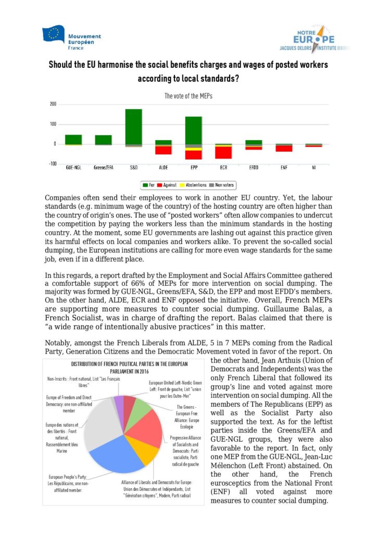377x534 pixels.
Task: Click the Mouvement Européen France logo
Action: click(x=72, y=37)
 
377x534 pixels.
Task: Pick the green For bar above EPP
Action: click(x=194, y=130)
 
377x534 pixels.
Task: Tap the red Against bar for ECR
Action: click(x=224, y=152)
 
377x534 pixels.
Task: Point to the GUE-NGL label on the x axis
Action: click(x=73, y=169)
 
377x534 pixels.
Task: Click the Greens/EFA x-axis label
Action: click(x=103, y=169)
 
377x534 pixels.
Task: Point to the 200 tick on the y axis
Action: click(x=53, y=104)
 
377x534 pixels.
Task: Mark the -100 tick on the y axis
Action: click(x=52, y=164)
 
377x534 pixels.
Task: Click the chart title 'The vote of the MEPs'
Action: click(x=188, y=96)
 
